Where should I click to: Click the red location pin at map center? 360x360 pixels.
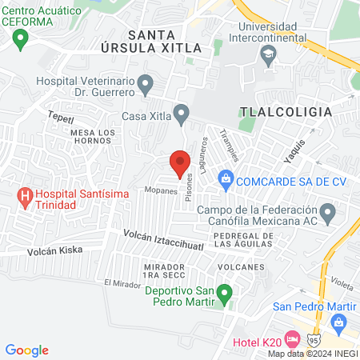[x=179, y=163]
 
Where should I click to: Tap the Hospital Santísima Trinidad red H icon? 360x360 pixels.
[x=26, y=194]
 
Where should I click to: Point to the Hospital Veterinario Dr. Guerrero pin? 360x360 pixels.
[x=145, y=82]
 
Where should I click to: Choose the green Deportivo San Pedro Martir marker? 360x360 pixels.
[x=226, y=295]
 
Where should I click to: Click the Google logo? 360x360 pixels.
[x=26, y=350]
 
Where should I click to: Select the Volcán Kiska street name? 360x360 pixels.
[x=54, y=250]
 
